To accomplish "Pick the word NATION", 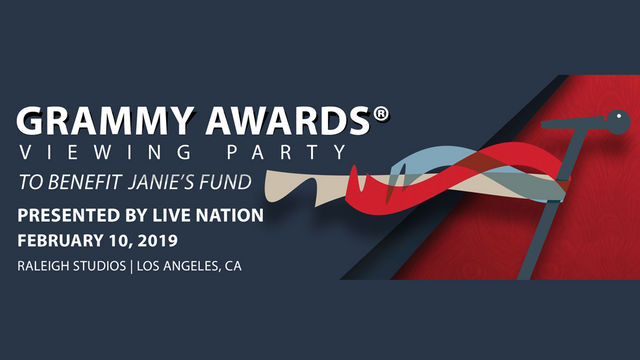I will click(x=235, y=215).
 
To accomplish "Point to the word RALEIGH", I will click(x=45, y=266).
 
